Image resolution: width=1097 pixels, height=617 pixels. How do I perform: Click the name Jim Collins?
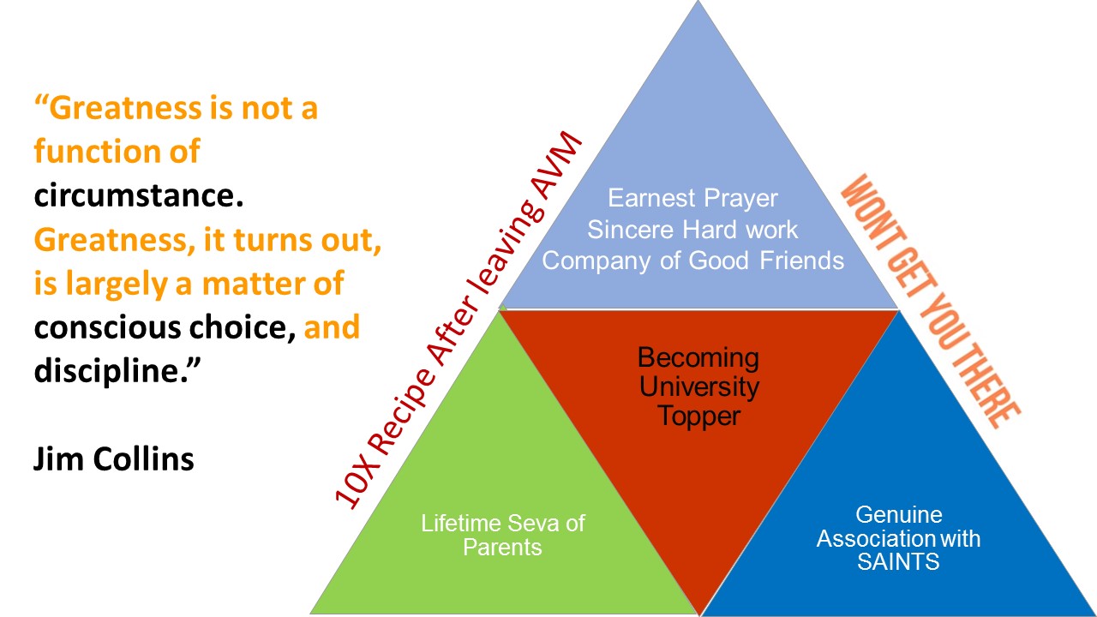[114, 458]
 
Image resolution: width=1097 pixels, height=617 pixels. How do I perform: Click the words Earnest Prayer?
[692, 198]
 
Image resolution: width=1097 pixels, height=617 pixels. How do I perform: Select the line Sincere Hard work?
[692, 230]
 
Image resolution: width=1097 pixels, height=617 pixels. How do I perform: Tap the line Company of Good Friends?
[692, 261]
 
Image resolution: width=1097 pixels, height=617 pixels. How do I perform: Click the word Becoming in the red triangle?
[698, 357]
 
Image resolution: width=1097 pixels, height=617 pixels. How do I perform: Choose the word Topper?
[698, 416]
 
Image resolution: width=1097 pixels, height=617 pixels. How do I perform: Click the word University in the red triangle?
[698, 386]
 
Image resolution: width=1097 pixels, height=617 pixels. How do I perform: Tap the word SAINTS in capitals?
[898, 562]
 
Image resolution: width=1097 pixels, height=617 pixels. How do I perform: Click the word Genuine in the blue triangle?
[898, 515]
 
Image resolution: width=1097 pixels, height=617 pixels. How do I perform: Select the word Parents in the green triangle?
[502, 548]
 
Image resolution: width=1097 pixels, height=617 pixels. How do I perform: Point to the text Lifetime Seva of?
[502, 523]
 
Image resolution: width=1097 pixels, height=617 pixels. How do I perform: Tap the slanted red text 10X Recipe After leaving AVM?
[459, 321]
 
